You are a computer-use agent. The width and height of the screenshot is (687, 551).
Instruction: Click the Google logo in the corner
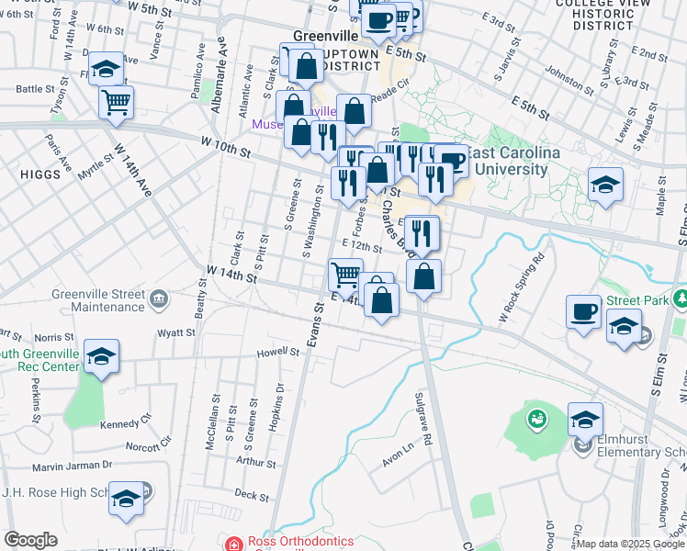tap(31, 540)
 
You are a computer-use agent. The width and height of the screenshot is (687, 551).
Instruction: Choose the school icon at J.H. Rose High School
tap(127, 498)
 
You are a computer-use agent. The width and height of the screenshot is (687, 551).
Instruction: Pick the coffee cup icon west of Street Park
tap(583, 310)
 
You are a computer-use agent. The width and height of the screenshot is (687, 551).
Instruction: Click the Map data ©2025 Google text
tap(629, 543)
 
